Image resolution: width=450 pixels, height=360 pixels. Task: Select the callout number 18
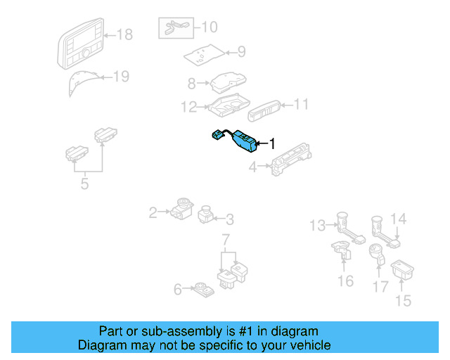click(x=124, y=34)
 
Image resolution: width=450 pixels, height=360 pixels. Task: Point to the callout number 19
click(x=121, y=77)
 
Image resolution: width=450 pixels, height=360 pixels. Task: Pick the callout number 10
click(x=210, y=27)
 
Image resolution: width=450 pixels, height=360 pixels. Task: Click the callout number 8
click(x=191, y=84)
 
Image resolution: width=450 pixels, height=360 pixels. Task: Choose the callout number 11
click(x=301, y=104)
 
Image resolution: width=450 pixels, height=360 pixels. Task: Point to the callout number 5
click(x=84, y=186)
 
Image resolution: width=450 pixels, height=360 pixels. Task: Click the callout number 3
click(x=230, y=219)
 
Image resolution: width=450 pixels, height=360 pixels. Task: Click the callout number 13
click(x=318, y=225)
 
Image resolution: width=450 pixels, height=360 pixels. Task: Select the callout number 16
click(x=345, y=281)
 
